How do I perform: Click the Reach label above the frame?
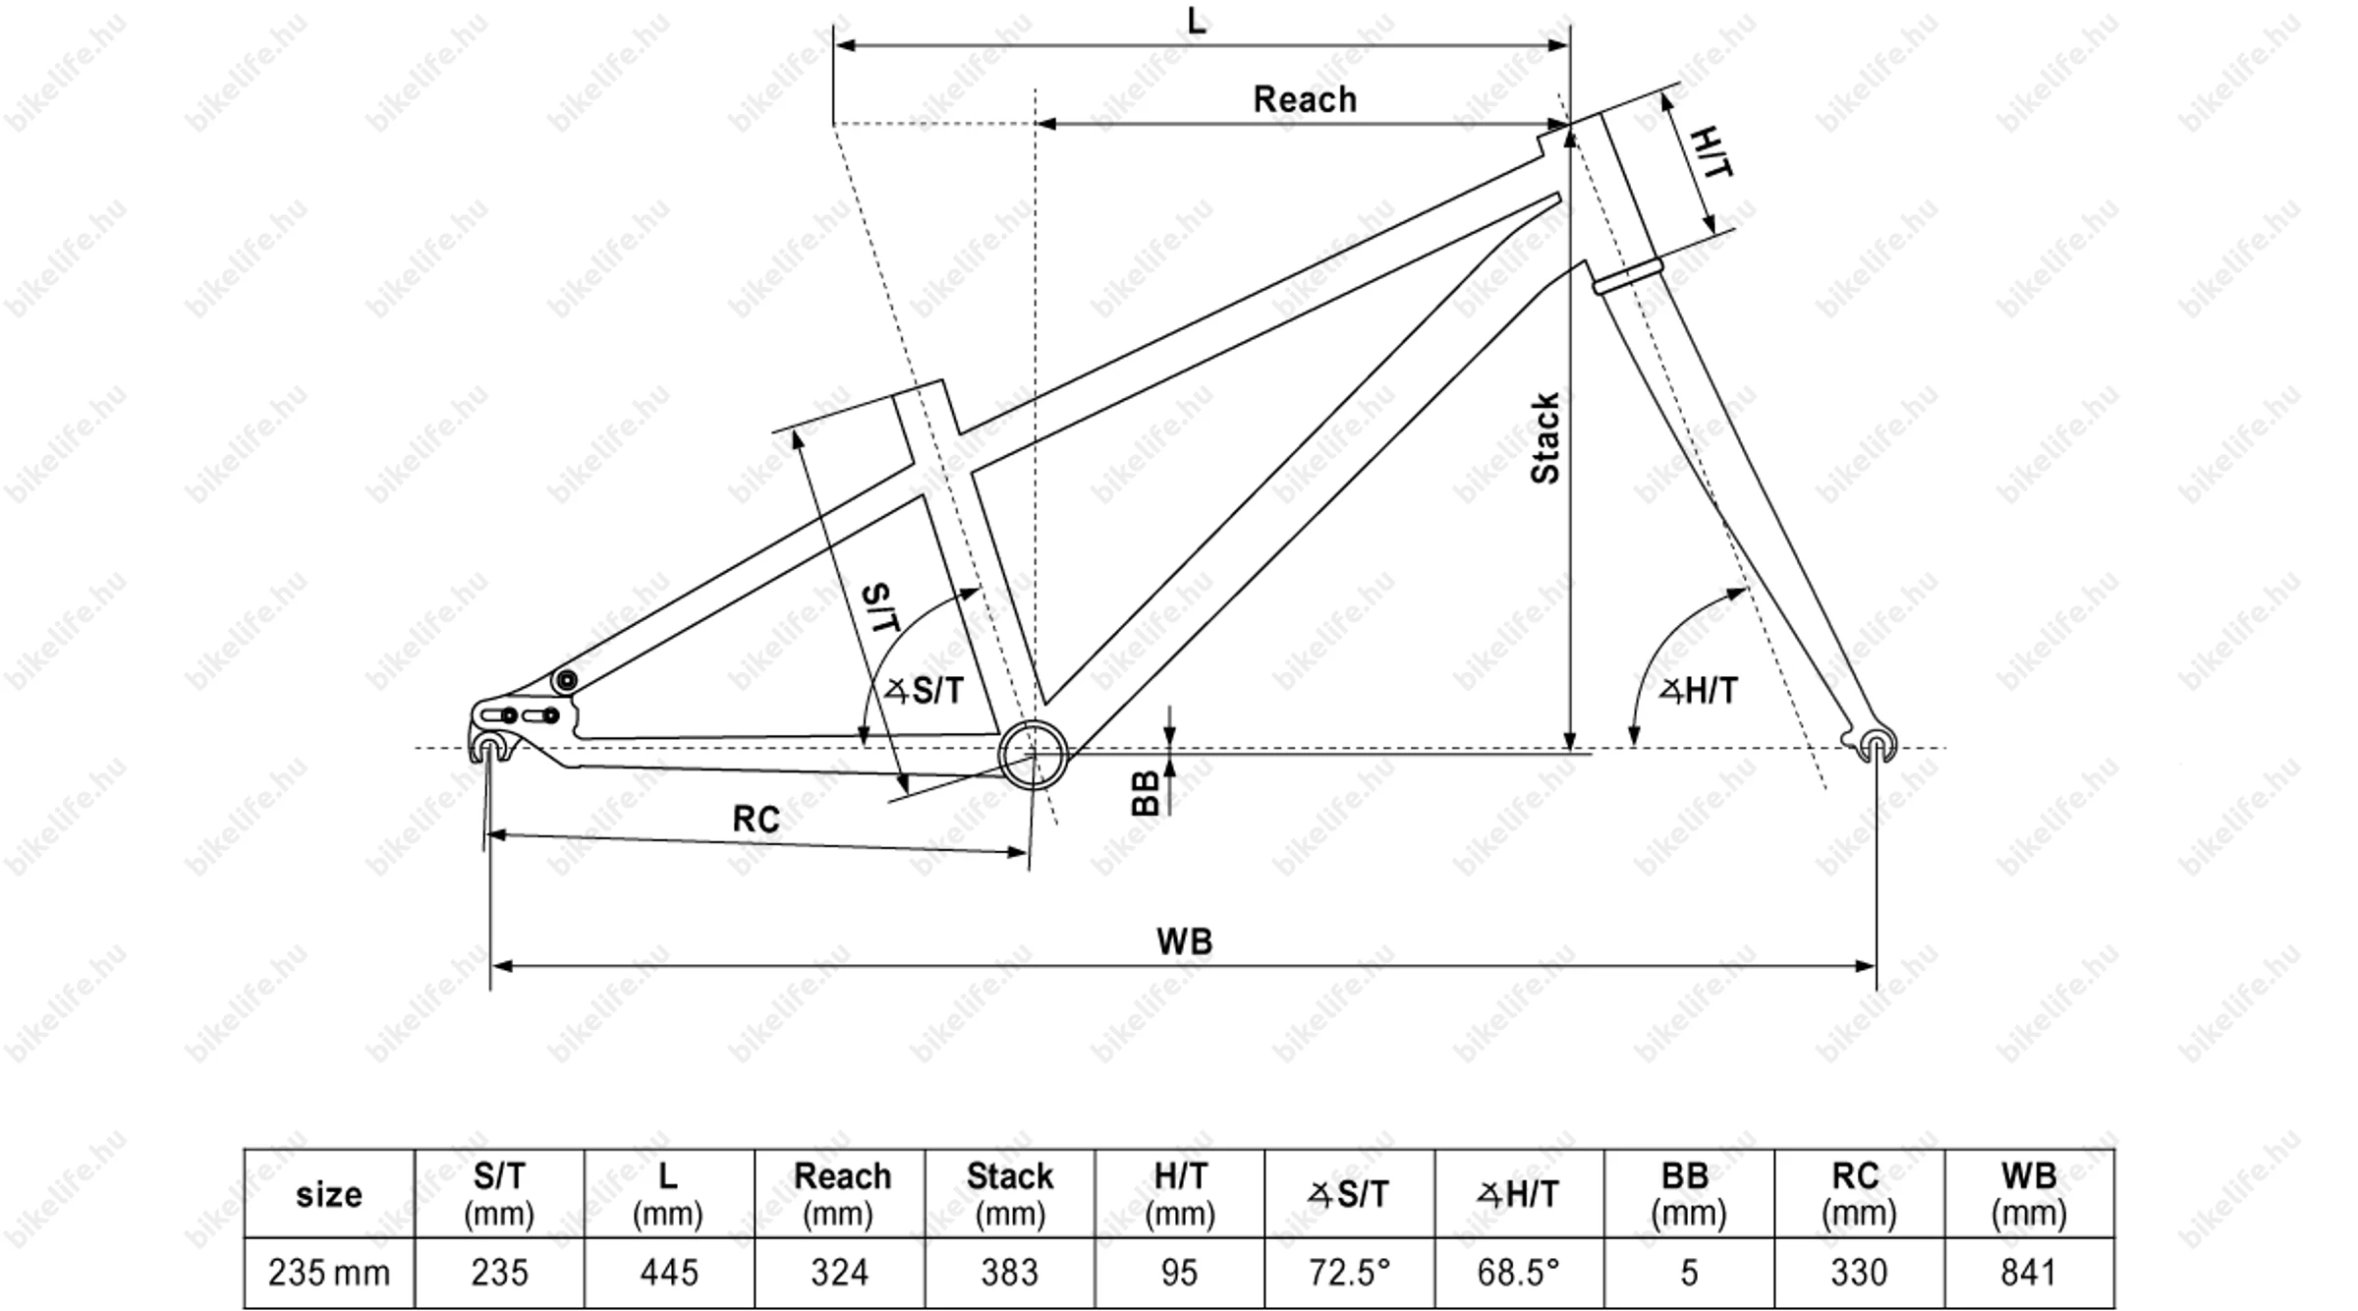point(1304,99)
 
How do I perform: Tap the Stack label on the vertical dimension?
point(1545,438)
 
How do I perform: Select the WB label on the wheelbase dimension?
point(1184,941)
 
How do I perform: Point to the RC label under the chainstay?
point(756,819)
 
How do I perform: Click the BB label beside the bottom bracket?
point(1146,793)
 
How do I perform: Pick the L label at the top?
point(1196,20)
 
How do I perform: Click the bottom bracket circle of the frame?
point(1033,755)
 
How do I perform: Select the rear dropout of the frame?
point(489,744)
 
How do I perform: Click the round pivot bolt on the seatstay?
point(565,681)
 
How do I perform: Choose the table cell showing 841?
point(2028,1273)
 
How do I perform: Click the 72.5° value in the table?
point(1349,1273)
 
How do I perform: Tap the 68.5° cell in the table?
point(1518,1273)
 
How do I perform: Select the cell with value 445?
point(669,1273)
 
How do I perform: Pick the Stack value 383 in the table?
point(1009,1273)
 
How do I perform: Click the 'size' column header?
point(329,1194)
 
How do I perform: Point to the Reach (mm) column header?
point(841,1193)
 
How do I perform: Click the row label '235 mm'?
point(329,1273)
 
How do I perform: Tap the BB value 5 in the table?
point(1689,1273)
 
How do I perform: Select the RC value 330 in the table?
point(1859,1273)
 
